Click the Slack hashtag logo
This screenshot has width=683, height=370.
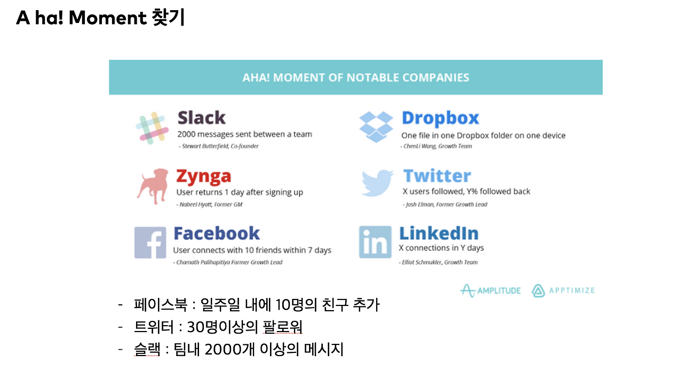click(x=152, y=128)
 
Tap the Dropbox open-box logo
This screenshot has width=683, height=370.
click(x=376, y=127)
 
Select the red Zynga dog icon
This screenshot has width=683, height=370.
click(x=153, y=186)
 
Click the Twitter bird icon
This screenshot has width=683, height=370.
click(x=377, y=183)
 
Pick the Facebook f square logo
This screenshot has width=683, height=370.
click(x=150, y=242)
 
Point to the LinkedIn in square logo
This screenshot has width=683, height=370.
click(x=375, y=242)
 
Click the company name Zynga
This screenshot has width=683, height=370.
click(x=204, y=177)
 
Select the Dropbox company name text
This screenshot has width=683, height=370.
click(x=440, y=119)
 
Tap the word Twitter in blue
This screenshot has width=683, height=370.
click(x=437, y=176)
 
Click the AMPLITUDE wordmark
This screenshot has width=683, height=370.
click(x=499, y=290)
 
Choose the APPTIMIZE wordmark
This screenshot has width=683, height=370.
click(x=571, y=290)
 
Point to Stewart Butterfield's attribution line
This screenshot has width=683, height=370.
click(x=219, y=146)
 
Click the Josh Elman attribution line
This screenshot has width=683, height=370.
click(x=445, y=204)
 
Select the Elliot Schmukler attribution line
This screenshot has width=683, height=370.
click(x=438, y=262)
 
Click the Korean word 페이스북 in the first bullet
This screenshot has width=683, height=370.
click(x=161, y=304)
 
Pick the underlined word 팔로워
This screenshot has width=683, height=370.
click(x=282, y=327)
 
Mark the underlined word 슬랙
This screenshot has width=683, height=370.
click(x=147, y=350)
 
